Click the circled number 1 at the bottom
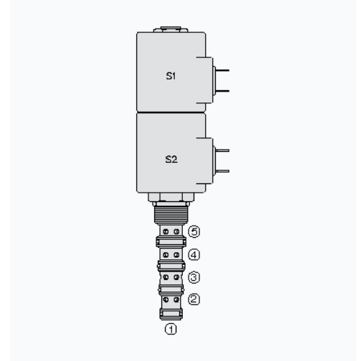[x=171, y=330]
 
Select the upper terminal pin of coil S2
[x=222, y=150]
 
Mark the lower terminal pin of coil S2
[x=222, y=170]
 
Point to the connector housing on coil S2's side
[x=210, y=160]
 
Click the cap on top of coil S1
[x=171, y=31]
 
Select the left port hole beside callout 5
[x=166, y=231]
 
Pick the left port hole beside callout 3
[x=166, y=276]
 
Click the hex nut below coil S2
[x=171, y=198]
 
